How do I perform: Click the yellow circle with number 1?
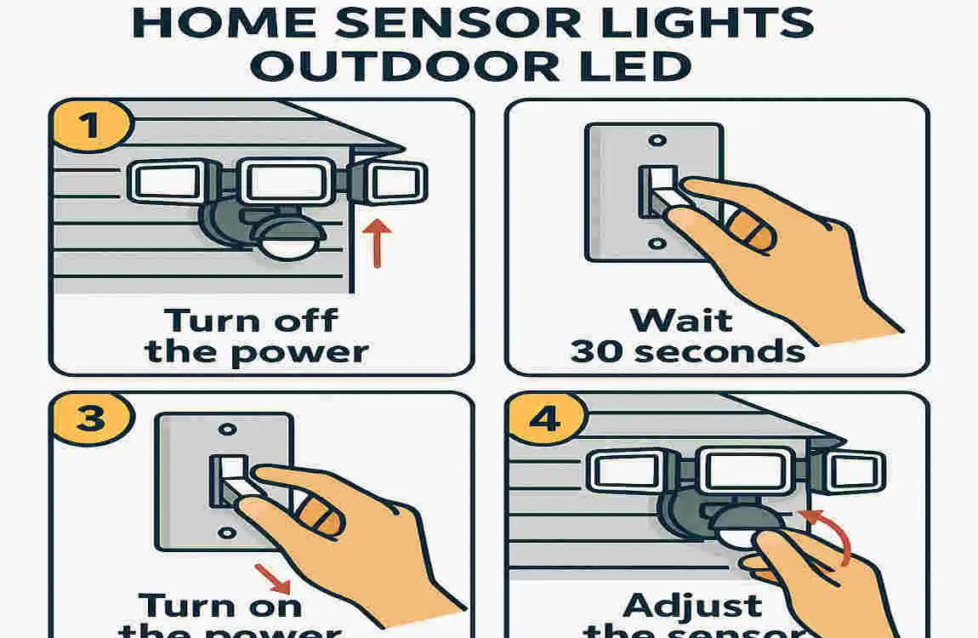point(88,127)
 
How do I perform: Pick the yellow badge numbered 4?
point(544,419)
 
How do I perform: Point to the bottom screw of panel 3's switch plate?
point(225,533)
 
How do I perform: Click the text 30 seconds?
point(687,350)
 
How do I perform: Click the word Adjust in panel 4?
point(694,606)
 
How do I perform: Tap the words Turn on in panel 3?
point(220,606)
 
